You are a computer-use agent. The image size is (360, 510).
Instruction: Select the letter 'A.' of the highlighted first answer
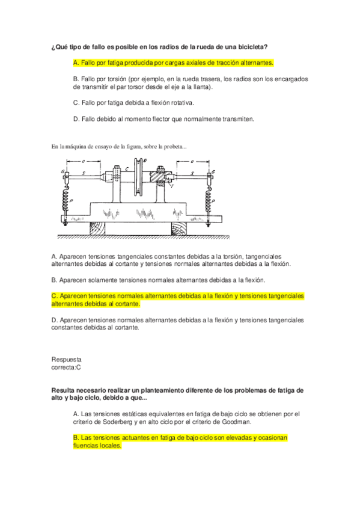pyautogui.click(x=75, y=63)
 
